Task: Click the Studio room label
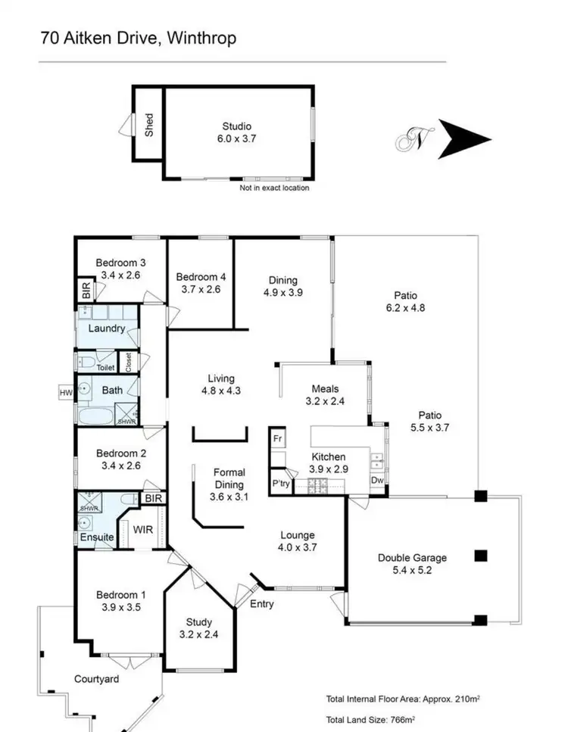(x=236, y=126)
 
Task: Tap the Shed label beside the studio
(x=149, y=124)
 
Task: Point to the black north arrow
(x=464, y=139)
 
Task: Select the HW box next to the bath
(x=65, y=392)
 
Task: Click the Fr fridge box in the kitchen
(x=277, y=438)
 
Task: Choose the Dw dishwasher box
(x=376, y=480)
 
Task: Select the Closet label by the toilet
(x=130, y=361)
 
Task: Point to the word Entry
(x=261, y=604)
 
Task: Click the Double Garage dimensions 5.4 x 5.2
(x=412, y=571)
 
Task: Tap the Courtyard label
(x=96, y=679)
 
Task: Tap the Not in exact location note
(x=274, y=188)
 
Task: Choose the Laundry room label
(x=107, y=329)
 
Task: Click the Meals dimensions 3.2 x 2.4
(x=324, y=401)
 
